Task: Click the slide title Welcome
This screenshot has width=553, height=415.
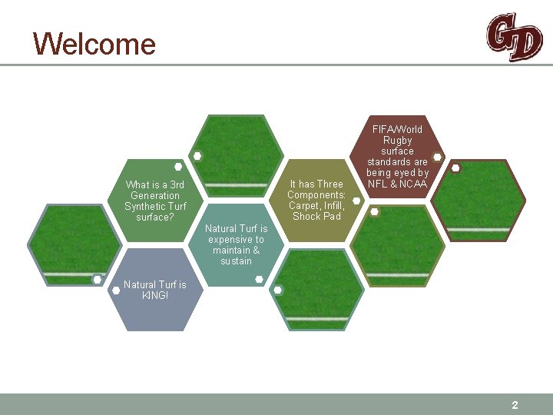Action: pos(94,44)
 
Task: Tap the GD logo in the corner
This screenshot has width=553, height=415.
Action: pos(513,37)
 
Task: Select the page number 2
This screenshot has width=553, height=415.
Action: pos(515,405)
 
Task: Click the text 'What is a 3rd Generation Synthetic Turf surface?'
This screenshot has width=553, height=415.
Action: pos(155,201)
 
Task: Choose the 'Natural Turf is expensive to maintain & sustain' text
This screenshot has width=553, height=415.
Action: pos(237,244)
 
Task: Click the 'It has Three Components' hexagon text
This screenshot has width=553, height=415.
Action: pos(316,200)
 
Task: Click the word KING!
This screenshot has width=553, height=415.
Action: pos(155,295)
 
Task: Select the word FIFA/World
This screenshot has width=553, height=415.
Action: pos(398,129)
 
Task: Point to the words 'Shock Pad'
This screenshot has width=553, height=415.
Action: pos(316,216)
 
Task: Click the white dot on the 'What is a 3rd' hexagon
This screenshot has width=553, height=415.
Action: pos(178,166)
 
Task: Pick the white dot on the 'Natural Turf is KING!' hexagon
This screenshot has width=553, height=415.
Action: pos(116,290)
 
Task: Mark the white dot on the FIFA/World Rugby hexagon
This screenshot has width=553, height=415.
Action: pos(437,157)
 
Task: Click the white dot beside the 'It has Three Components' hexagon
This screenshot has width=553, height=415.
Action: pos(356,193)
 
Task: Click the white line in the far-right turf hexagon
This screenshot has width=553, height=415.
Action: pos(478,229)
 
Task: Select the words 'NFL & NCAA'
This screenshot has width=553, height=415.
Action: pos(398,184)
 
